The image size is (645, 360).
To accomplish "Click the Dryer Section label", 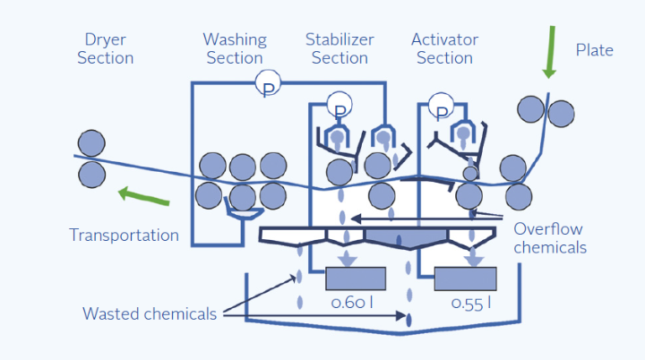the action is (106, 48).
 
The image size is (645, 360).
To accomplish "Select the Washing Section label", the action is (235, 48).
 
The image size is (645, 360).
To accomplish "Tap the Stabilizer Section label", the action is (340, 48).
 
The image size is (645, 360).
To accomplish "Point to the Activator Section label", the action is (444, 48).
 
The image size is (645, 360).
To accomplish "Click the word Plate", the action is (595, 50).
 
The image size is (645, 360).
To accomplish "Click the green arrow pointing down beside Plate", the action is (550, 52).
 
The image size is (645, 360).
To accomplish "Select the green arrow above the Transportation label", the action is (143, 196).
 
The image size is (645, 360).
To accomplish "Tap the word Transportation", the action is (124, 236).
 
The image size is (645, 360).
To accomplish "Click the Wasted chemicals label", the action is (150, 314).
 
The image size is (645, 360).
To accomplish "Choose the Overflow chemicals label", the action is (550, 238).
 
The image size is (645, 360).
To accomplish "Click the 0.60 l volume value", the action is (352, 303).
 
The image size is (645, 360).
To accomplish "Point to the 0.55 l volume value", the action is (471, 304).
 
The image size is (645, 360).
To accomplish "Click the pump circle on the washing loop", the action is (268, 83).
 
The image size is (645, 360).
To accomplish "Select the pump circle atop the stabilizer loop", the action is (340, 105).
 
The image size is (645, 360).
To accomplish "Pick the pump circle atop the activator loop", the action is (441, 106).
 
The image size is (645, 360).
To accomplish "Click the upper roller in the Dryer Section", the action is (91, 143).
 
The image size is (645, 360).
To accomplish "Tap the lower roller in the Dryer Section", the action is (91, 175).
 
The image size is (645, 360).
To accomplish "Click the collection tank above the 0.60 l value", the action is (356, 279).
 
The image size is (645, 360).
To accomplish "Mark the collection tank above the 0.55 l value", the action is (466, 279).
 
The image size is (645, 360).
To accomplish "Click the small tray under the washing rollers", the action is (244, 213).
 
